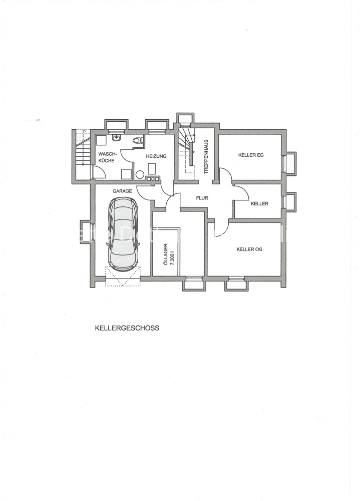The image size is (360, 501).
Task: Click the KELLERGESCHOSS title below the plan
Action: [x=127, y=328]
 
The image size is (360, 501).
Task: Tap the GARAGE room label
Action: [x=122, y=191]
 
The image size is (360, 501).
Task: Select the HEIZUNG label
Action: [x=156, y=156]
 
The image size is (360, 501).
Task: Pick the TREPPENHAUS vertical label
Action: [x=206, y=156]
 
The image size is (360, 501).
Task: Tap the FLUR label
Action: [x=202, y=198]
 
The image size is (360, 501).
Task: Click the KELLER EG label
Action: [x=251, y=155]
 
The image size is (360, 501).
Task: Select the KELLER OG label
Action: [x=249, y=249]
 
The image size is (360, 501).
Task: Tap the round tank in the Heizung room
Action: [x=140, y=174]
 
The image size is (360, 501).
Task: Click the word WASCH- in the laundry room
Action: [x=106, y=154]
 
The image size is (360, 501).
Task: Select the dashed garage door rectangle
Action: [x=123, y=276]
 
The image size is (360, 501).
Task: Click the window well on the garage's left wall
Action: [x=85, y=231]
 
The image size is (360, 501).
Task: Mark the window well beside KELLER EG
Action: [x=289, y=164]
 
